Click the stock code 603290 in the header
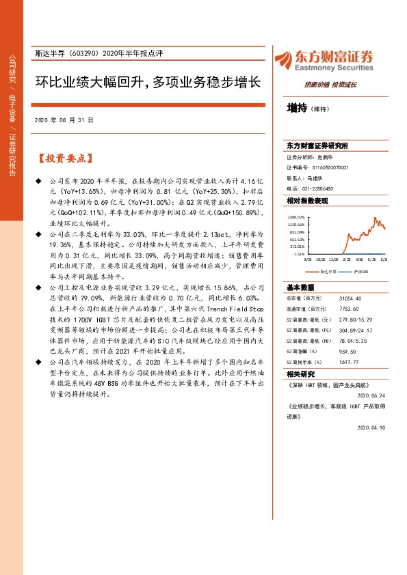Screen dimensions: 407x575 pyautogui.click(x=79, y=53)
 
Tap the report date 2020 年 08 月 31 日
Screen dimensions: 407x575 pyautogui.click(x=64, y=120)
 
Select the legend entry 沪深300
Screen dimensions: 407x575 pyautogui.click(x=360, y=272)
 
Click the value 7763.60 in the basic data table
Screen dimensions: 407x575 pyautogui.click(x=348, y=309)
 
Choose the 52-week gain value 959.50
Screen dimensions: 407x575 pyautogui.click(x=347, y=350)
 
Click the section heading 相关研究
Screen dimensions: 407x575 pyautogui.click(x=300, y=374)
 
